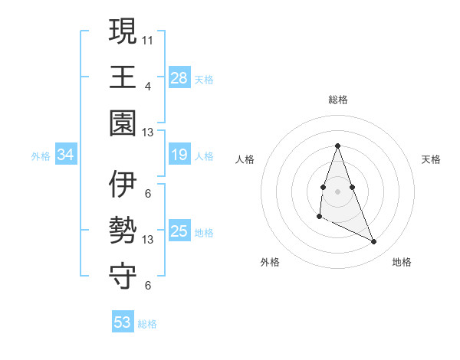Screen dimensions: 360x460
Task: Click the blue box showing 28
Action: tap(179, 78)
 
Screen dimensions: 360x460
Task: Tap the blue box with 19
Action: tap(179, 155)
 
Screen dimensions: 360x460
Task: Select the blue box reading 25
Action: tap(179, 231)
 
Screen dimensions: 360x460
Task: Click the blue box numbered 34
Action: tap(66, 155)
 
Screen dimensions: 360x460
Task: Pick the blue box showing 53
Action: tap(123, 322)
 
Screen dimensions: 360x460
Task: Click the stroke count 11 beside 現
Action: tap(149, 38)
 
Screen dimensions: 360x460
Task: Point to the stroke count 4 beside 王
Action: tap(148, 85)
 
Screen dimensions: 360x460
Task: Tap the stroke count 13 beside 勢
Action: tap(149, 240)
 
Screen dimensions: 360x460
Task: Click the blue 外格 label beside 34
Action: tap(41, 156)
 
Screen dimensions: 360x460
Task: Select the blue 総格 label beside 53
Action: tap(147, 324)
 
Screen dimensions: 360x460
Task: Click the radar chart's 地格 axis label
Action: tap(402, 262)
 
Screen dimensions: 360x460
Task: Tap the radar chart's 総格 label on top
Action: tap(337, 100)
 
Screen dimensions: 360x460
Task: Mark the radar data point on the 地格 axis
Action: tap(374, 241)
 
